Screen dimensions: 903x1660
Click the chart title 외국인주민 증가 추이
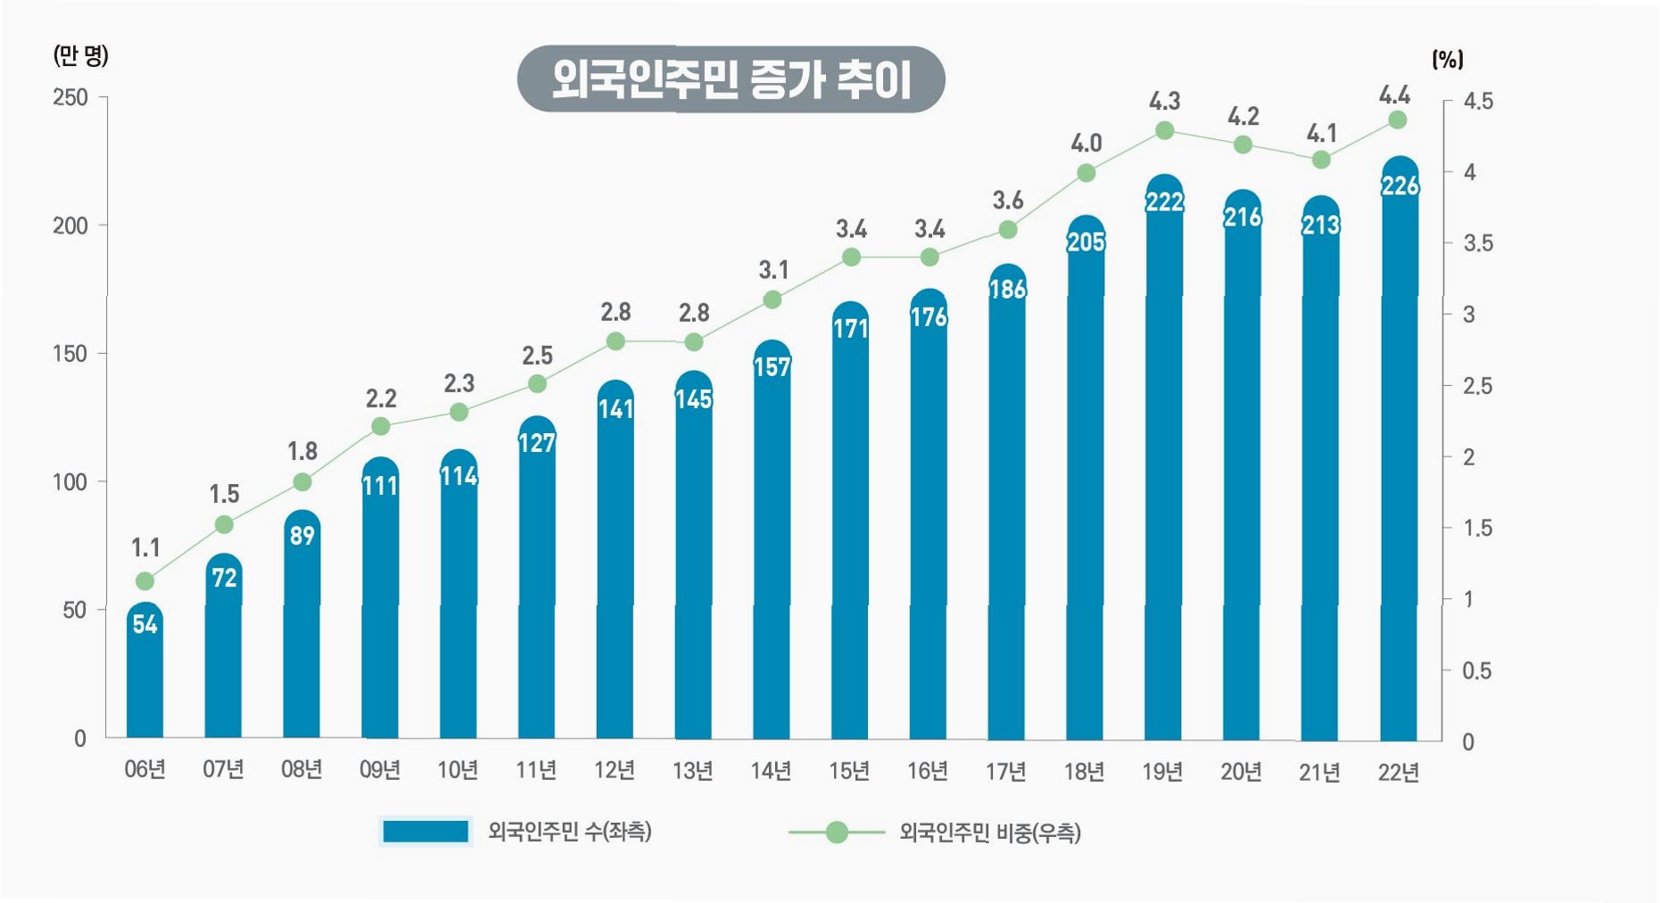pos(731,79)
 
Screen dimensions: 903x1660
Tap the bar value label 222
pos(1164,202)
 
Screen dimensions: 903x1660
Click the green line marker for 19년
pos(1164,131)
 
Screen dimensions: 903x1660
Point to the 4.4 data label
pos(1394,94)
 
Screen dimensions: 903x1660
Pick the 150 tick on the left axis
pos(70,354)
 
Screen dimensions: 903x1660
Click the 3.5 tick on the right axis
pos(1477,243)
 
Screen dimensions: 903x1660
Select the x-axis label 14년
pos(771,770)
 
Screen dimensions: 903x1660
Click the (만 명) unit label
pos(80,56)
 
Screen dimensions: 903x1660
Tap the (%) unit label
pos(1447,60)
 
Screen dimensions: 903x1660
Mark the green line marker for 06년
pos(145,581)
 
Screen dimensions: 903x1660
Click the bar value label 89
pos(301,536)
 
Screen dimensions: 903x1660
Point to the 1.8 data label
pos(302,451)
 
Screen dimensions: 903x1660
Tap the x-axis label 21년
pos(1319,772)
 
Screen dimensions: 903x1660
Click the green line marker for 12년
pos(615,341)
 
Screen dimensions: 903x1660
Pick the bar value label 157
pos(772,367)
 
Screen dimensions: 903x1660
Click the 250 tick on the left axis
pos(70,97)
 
